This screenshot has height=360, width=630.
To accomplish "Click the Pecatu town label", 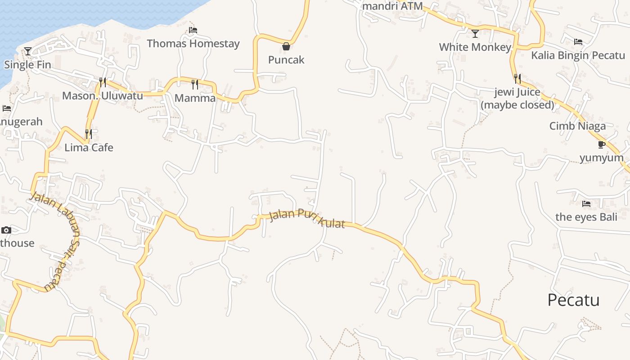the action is (573, 300).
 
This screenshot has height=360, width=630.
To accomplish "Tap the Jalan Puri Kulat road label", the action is (307, 219).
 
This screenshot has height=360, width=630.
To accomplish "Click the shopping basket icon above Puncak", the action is (286, 46).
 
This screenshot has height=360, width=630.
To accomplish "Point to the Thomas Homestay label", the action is (193, 44).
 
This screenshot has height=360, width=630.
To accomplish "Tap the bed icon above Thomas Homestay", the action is (193, 30).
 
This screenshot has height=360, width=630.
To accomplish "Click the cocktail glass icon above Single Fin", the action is (28, 51).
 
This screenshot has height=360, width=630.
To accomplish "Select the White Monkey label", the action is (475, 47).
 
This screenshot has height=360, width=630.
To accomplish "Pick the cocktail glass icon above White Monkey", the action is (475, 34).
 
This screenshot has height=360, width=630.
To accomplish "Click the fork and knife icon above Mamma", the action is (195, 84).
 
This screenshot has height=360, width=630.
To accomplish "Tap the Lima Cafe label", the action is (89, 148).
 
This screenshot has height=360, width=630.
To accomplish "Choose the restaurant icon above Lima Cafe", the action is (89, 134).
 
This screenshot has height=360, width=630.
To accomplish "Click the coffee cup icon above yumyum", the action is (601, 144).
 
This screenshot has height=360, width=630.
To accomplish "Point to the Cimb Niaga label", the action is (577, 126).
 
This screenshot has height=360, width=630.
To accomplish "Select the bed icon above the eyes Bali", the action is (586, 204).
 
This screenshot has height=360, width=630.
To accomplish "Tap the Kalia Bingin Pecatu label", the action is (578, 55).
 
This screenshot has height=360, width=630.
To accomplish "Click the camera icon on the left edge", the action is (6, 230).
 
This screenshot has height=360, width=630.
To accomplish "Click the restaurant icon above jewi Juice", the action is (517, 79).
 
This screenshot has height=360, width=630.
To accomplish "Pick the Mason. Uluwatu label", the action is (102, 96).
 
